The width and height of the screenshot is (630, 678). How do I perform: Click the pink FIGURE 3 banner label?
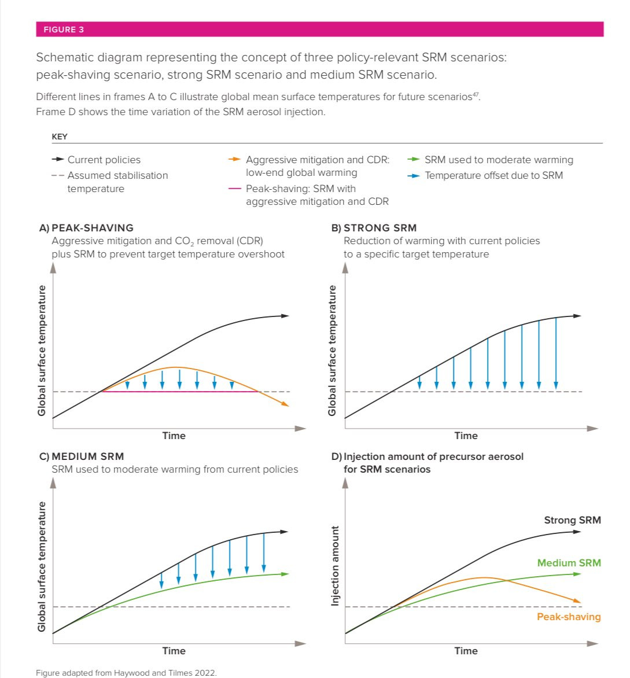64,30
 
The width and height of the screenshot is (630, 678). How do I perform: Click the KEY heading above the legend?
60,137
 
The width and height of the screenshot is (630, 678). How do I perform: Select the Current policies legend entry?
104,160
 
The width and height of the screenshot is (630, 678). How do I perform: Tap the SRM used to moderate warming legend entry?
498,160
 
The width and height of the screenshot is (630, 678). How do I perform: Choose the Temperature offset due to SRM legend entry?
493,175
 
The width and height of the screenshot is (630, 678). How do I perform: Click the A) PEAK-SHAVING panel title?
86,228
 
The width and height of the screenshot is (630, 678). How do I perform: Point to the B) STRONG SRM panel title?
374,228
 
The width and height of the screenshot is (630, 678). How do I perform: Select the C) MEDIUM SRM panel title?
82,456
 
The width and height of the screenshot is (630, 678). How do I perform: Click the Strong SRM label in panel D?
572,520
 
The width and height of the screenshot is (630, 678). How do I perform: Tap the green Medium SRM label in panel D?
569,562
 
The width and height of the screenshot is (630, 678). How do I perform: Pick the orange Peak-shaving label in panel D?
569,617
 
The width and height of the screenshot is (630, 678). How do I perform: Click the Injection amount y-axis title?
334,566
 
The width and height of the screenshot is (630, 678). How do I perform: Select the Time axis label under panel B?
466,436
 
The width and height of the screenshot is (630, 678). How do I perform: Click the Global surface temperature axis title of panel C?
42,566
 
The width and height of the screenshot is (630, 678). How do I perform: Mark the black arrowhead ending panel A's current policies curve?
285,316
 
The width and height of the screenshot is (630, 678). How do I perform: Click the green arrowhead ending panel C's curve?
285,573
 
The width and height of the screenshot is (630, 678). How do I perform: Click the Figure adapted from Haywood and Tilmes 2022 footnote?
126,672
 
